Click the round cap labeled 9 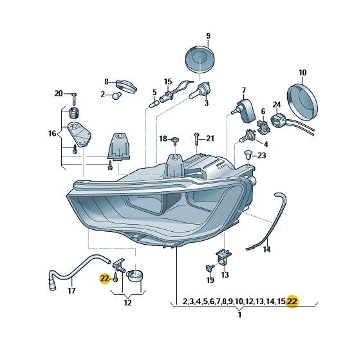(x=200, y=59)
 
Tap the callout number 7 (x=243, y=90)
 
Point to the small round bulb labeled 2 (x=117, y=95)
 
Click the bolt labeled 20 (x=74, y=99)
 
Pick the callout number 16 (x=52, y=133)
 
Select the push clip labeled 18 (x=175, y=140)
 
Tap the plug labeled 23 (x=248, y=155)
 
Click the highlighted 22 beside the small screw (x=104, y=278)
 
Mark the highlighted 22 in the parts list (x=292, y=301)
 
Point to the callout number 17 (x=71, y=290)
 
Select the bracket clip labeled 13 (x=223, y=257)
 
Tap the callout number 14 (x=266, y=249)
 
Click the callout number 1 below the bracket (x=239, y=315)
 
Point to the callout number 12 (x=128, y=303)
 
